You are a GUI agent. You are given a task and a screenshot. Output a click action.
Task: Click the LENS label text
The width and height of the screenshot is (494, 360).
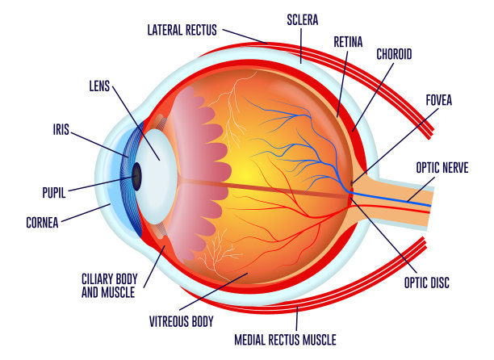tap(99, 86)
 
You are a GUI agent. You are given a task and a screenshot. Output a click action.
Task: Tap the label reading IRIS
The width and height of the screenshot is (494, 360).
tap(61, 129)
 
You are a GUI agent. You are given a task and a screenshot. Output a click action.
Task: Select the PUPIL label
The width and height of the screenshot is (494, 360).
tap(54, 193)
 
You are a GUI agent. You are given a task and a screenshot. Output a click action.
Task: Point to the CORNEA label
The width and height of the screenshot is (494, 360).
tap(42, 223)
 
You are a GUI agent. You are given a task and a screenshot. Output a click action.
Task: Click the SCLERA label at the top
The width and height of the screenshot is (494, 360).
tap(303, 20)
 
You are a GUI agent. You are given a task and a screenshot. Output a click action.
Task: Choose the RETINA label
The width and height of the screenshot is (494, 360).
tap(348, 42)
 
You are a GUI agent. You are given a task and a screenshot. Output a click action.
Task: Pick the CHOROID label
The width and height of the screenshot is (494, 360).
tap(394, 54)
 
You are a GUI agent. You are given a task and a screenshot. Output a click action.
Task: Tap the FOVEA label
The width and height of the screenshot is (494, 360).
tap(439, 100)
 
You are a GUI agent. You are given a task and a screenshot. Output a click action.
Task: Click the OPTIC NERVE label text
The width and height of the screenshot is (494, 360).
tap(442, 168)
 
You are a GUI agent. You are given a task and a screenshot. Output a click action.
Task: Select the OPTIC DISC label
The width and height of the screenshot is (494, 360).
tap(427, 283)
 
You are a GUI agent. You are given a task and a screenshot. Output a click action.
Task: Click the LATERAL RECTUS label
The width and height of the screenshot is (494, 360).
tap(182, 30)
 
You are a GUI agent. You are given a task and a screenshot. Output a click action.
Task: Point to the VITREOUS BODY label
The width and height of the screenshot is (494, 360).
tap(182, 321)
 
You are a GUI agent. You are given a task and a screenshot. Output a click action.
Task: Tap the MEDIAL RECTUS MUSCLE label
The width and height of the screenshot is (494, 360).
tap(286, 340)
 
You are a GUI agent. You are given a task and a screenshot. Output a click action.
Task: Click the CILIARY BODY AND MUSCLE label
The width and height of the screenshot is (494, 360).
tap(109, 286)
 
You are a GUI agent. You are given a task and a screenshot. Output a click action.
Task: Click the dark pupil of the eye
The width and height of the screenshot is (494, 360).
tap(136, 177)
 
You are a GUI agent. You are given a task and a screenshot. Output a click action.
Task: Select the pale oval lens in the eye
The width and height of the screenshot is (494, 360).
tap(156, 177)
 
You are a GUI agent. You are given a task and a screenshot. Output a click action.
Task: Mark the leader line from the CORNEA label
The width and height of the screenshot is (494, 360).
tap(86, 213)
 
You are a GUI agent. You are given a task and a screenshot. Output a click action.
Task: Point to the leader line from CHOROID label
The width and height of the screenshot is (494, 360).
tap(373, 97)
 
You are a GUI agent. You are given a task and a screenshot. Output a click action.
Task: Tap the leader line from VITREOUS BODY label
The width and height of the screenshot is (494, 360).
tap(214, 291)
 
